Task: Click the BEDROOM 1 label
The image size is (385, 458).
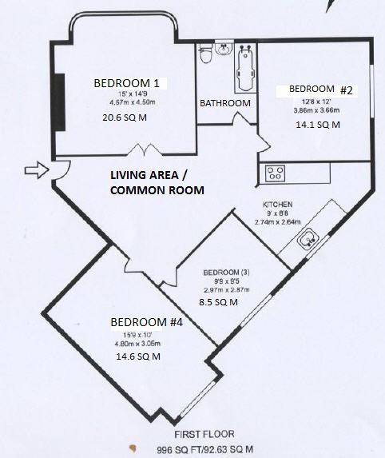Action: click(127, 83)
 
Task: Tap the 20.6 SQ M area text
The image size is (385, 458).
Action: click(125, 117)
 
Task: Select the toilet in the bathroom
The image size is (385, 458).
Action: click(205, 54)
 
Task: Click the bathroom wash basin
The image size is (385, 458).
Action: click(224, 48)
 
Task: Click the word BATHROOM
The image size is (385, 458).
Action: click(225, 103)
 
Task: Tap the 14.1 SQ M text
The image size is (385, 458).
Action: click(318, 125)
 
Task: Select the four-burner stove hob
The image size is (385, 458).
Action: click(275, 173)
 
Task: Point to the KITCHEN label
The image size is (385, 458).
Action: click(278, 205)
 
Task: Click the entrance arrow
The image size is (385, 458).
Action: click(37, 170)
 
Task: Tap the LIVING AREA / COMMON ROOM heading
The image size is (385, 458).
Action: click(157, 182)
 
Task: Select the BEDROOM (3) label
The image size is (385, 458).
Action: click(227, 273)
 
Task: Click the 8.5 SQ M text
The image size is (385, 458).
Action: click(218, 302)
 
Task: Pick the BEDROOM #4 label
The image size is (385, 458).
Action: click(147, 322)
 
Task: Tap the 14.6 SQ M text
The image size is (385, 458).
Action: click(138, 356)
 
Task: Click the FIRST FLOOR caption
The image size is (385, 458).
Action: click(204, 434)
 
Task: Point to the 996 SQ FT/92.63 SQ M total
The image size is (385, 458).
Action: click(205, 449)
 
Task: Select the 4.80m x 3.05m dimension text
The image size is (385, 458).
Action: click(137, 344)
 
